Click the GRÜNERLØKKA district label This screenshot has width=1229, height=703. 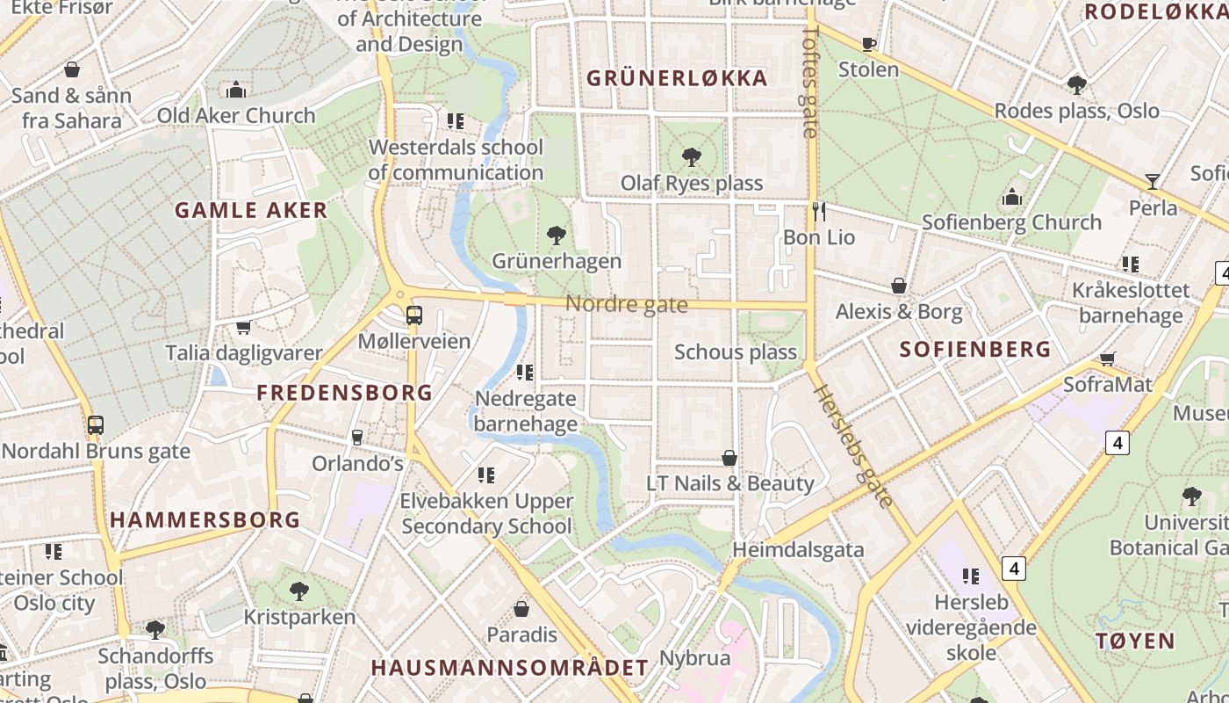pyautogui.click(x=677, y=78)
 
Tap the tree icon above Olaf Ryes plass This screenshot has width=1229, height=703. pyautogui.click(x=692, y=157)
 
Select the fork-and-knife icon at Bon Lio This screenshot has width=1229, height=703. pyautogui.click(x=819, y=211)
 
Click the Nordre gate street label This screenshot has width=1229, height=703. pyautogui.click(x=626, y=304)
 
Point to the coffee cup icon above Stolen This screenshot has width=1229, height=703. pyautogui.click(x=869, y=44)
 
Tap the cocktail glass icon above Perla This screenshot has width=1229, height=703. pyautogui.click(x=1153, y=182)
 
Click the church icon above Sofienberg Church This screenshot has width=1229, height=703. pyautogui.click(x=1012, y=197)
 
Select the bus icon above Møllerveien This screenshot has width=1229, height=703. pyautogui.click(x=414, y=315)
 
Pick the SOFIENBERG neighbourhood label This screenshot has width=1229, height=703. pyautogui.click(x=975, y=349)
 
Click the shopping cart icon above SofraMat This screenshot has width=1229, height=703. pyautogui.click(x=1108, y=359)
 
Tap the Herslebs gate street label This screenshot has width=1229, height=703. pyautogui.click(x=852, y=447)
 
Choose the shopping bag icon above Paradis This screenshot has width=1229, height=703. pyautogui.click(x=521, y=609)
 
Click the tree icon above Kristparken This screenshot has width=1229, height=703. pyautogui.click(x=299, y=591)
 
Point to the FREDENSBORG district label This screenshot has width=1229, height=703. pyautogui.click(x=345, y=393)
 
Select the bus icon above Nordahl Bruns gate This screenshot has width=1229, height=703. pyautogui.click(x=96, y=425)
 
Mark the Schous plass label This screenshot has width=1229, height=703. pyautogui.click(x=736, y=352)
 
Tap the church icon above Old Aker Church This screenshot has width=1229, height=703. pyautogui.click(x=235, y=90)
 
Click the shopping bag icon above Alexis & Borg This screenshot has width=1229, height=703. pyautogui.click(x=899, y=286)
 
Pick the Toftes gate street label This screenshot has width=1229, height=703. pyautogui.click(x=810, y=81)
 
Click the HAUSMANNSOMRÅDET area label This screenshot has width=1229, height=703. pyautogui.click(x=509, y=668)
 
